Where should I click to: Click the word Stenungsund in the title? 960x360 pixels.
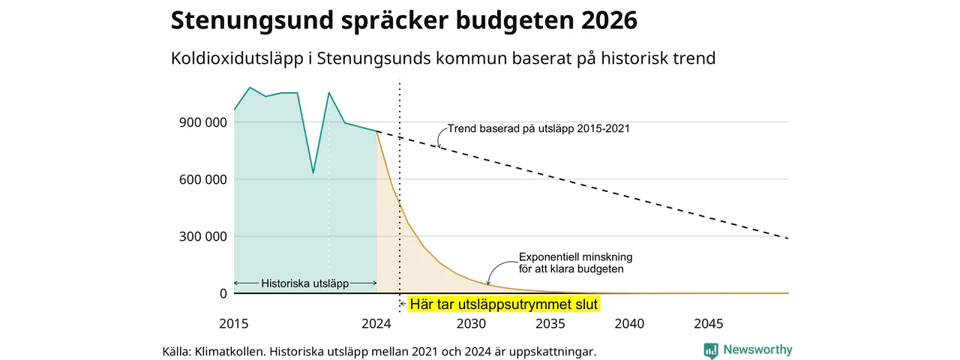252,20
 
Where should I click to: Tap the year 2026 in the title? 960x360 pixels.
609,20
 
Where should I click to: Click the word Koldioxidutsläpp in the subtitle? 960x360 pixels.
237,58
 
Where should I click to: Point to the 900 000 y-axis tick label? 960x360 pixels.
202,122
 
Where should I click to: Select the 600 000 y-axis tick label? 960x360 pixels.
202,179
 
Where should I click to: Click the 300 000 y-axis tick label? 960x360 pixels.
202,236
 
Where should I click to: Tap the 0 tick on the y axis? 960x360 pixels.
223,293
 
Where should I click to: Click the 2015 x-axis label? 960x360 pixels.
233,323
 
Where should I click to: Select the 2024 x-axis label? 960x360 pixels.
376,323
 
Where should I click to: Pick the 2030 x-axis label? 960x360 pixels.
471,323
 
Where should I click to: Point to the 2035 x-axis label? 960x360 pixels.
550,323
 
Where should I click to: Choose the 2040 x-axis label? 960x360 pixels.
629,323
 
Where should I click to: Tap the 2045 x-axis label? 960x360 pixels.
709,323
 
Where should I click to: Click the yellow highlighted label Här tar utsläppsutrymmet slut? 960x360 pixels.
503,304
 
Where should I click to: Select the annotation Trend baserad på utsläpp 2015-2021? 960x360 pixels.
538,128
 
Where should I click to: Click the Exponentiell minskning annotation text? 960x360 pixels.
575,262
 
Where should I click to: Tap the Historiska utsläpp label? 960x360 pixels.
304,283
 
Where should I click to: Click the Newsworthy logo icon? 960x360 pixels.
711,350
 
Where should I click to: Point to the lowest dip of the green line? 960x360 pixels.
313,172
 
